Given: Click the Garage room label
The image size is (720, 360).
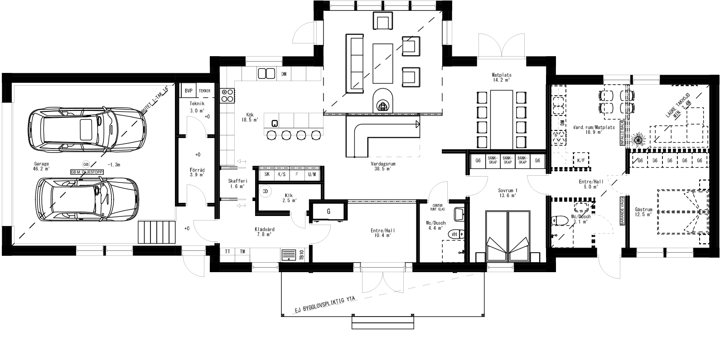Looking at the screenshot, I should tap(41, 166).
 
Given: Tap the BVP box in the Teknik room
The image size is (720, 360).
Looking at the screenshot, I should tap(188, 91).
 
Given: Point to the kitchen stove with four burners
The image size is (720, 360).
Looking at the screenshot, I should tap(227, 96).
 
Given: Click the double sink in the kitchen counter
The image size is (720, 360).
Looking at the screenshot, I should tap(266, 73).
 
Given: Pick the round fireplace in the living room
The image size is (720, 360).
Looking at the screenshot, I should tap(383, 100).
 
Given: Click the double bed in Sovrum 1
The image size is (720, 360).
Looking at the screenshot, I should tap(507, 235).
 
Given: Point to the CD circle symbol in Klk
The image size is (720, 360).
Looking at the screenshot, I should tap(265, 192).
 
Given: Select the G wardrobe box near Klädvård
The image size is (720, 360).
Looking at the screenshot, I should tap(328, 211).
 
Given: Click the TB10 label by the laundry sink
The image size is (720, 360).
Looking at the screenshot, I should tap(301, 255).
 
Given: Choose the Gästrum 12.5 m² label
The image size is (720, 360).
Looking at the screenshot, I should tap(643, 212).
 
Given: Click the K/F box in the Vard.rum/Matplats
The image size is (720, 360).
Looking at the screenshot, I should tap(581, 160).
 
